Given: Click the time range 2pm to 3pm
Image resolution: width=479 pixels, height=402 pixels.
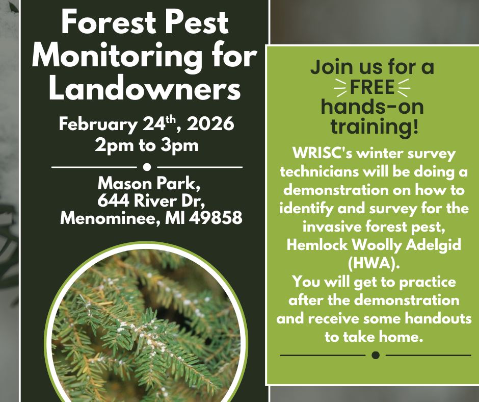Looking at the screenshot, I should pyautogui.click(x=146, y=145).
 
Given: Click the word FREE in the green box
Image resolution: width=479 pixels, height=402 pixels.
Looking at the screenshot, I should pyautogui.click(x=372, y=87).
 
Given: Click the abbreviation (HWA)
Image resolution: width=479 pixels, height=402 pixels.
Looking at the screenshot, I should pyautogui.click(x=374, y=263).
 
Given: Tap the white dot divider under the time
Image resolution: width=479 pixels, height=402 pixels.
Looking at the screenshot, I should pyautogui.click(x=147, y=166).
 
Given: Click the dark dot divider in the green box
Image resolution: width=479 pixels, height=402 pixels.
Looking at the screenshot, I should pyautogui.click(x=376, y=355).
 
